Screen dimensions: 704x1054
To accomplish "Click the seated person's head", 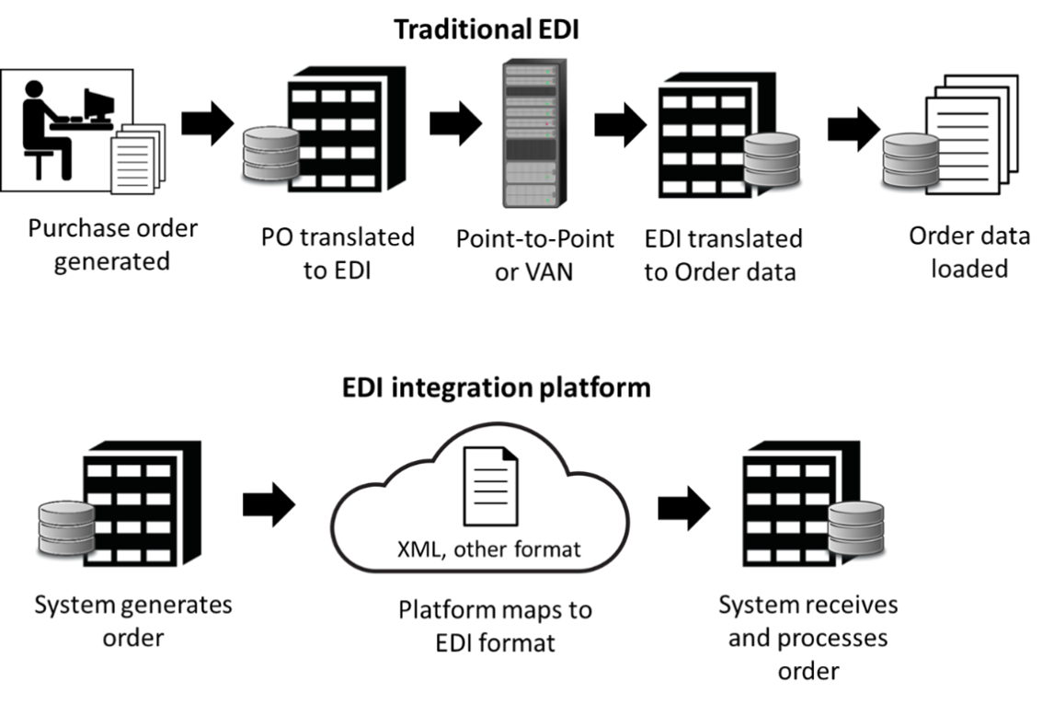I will coord(33,89).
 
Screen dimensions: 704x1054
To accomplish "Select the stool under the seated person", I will coord(39,166).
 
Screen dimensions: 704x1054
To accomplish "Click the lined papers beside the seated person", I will coord(134,160).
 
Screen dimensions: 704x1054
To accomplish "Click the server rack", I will coord(533,133).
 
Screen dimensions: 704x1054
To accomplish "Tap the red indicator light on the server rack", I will coord(548,123).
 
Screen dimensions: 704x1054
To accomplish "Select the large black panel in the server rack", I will coord(532,147).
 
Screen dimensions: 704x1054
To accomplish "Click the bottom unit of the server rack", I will coord(532,194).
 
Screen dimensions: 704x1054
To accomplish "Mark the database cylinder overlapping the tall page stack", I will coord(910,161).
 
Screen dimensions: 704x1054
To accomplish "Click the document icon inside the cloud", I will coord(490,485).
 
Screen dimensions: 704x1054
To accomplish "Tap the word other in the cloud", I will coord(485,550).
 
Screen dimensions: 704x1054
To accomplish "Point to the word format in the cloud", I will coord(550,550).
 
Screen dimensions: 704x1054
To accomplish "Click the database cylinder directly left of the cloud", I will coord(66,528).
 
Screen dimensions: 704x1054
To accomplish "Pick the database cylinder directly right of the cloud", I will coord(855,528).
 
